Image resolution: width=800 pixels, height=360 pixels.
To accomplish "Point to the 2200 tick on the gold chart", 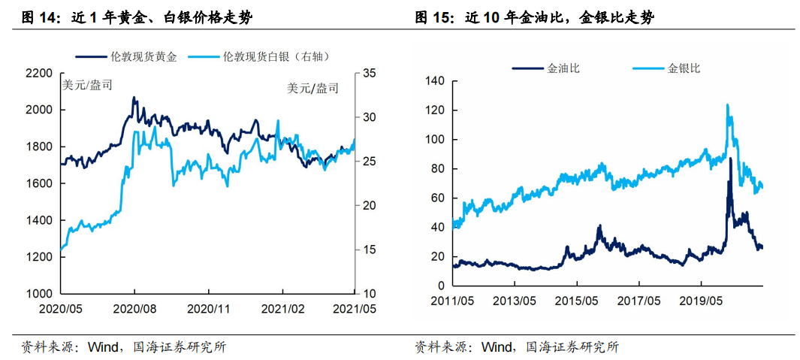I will [38, 74].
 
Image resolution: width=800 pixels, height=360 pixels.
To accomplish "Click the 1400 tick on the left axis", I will [38, 220].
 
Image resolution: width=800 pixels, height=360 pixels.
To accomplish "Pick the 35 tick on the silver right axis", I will [369, 74].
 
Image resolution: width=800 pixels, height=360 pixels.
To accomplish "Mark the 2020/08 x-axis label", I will [134, 308].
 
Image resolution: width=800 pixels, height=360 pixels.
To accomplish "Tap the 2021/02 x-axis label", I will [282, 308].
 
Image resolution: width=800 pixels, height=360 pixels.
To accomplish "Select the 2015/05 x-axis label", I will [577, 301].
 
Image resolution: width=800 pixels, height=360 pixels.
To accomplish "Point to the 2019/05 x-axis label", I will [701, 301].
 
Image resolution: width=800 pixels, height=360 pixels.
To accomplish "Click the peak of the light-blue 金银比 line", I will [727, 105].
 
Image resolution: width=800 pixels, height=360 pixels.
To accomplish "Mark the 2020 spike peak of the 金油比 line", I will [730, 159].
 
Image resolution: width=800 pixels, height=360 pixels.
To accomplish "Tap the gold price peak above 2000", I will [134, 98].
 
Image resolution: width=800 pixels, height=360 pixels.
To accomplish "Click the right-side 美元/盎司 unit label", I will [312, 88].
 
